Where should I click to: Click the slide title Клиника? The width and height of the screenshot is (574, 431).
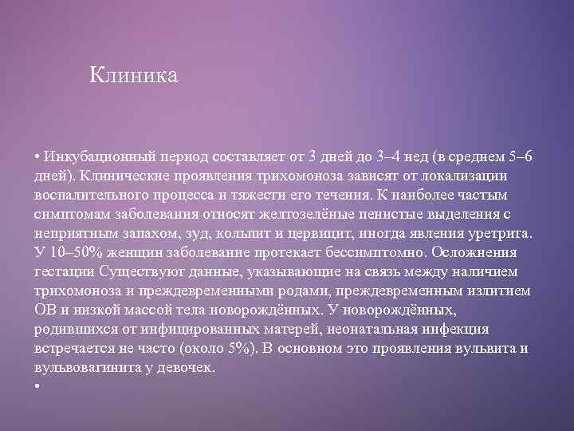pos(133,76)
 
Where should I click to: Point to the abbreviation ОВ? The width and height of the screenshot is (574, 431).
pos(45,310)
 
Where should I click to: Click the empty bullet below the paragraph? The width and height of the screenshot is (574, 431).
pos(37,387)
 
